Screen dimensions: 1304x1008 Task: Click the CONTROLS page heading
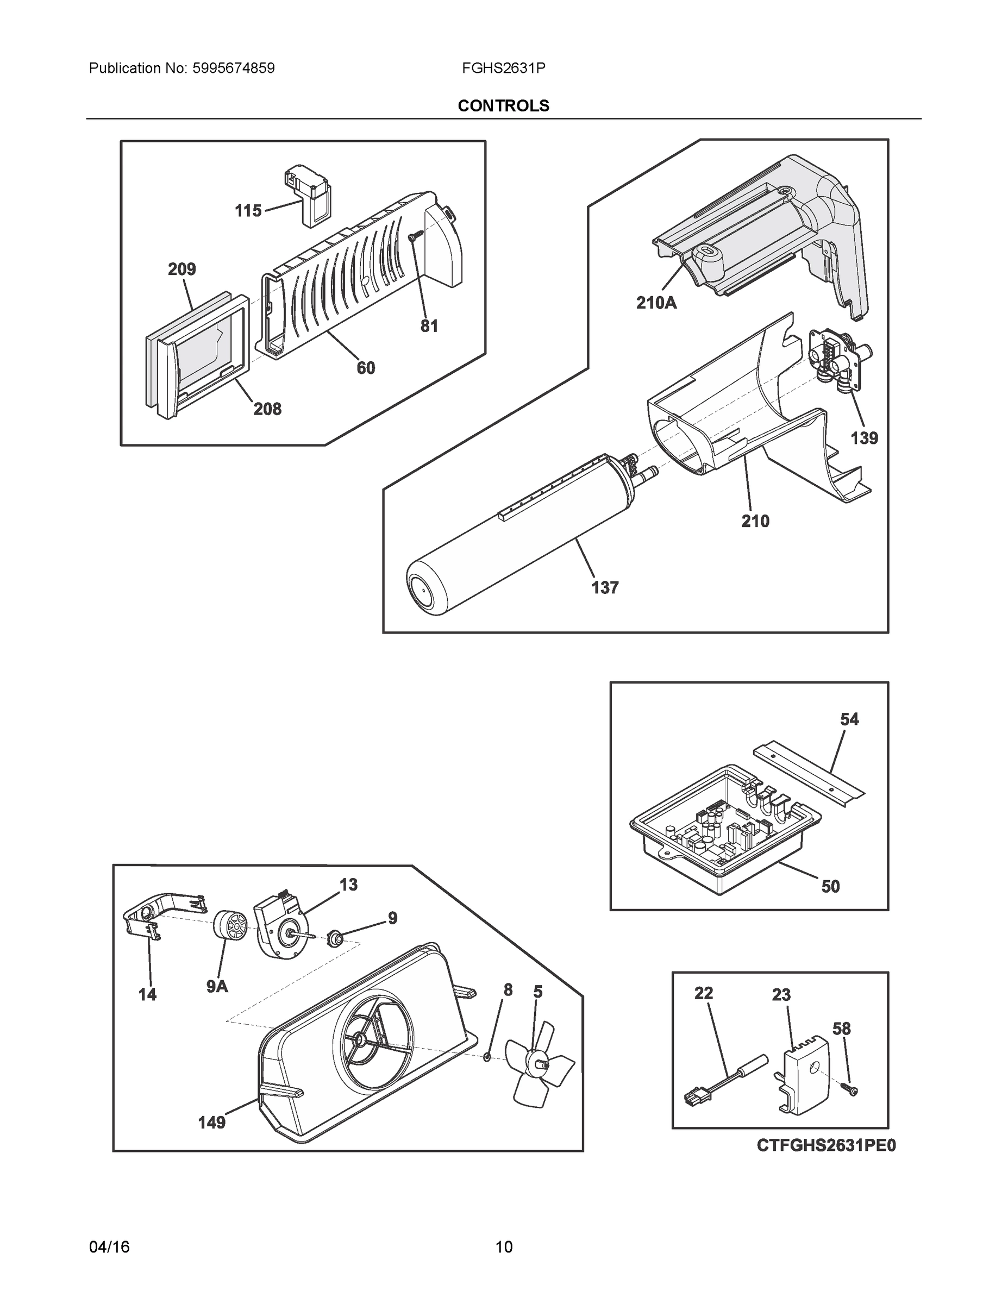[x=503, y=106]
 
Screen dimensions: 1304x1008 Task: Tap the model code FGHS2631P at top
[x=503, y=68]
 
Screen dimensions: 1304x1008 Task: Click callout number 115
[x=248, y=211]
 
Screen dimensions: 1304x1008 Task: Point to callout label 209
[x=181, y=269]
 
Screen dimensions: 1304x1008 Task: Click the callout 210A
[x=656, y=303]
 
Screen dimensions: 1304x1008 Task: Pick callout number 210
[x=755, y=521]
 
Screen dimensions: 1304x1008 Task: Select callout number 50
[x=831, y=887]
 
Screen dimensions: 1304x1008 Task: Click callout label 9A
[x=217, y=987]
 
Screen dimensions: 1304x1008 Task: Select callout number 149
[x=211, y=1123]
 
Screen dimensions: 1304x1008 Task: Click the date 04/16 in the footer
[x=109, y=1247]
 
